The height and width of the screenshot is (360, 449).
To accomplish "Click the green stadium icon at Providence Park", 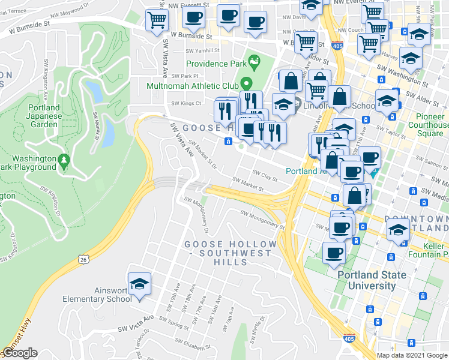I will tap(255, 60).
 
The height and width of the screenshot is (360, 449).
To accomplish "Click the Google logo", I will tap(20, 353).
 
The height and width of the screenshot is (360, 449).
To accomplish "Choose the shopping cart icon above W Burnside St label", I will tap(157, 20).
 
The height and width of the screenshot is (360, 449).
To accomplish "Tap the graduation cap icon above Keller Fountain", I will tap(397, 230).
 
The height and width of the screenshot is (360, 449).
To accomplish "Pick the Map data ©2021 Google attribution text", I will tap(412, 355).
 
